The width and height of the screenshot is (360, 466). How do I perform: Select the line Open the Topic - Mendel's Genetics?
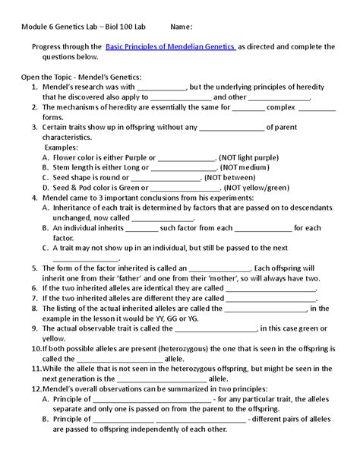tap(81, 77)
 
